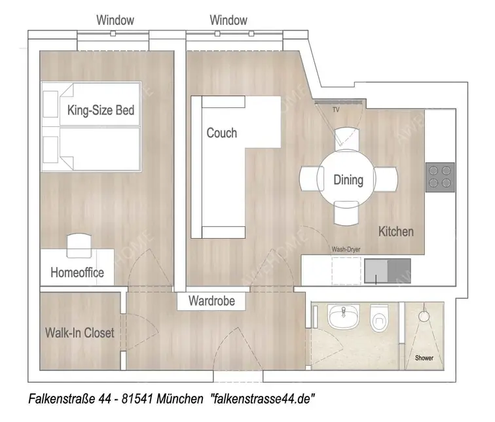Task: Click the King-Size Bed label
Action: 101,111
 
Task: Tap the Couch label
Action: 221,133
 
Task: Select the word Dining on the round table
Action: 348,179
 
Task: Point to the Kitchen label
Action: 396,231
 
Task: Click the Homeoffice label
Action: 77,272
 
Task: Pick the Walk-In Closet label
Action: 79,333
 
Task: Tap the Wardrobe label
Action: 211,302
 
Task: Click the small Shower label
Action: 424,358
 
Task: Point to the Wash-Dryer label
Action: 346,249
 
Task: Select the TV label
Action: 336,110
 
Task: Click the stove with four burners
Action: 439,177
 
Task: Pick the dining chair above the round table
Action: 346,139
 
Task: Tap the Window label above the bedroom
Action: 115,20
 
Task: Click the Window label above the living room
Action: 229,20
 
